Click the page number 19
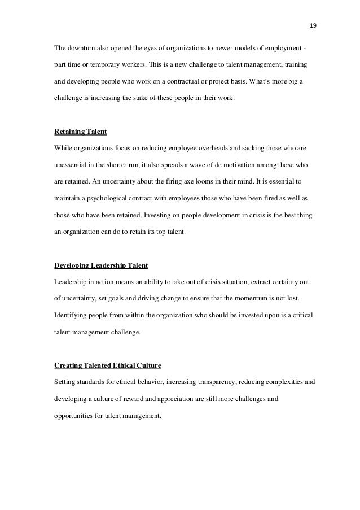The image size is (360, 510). click(313, 25)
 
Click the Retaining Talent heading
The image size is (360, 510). click(80, 132)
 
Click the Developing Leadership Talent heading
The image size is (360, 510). click(100, 265)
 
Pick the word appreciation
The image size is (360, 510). click(174, 398)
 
